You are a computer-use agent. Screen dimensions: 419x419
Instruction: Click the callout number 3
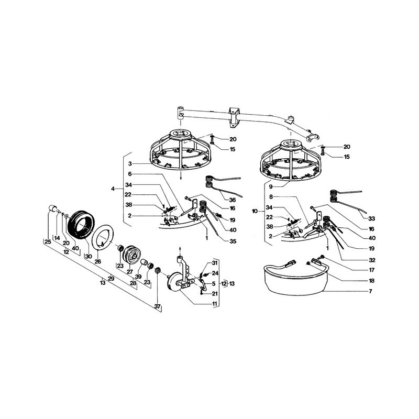[x=130, y=163]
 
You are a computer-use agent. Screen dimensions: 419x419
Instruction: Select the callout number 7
[x=370, y=291]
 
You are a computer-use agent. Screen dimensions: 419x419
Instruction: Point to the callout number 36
[x=233, y=200]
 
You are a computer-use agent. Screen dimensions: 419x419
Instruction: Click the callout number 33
[x=371, y=218]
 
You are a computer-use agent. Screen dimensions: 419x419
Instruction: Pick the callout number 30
[x=89, y=257]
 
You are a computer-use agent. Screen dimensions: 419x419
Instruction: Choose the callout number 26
[x=98, y=261]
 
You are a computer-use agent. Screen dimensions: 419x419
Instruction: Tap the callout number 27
[x=130, y=272]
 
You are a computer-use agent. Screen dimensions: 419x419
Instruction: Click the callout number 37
[x=158, y=306]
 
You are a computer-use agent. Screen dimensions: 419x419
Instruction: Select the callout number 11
[x=215, y=304]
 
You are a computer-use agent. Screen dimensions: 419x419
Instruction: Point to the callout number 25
[x=48, y=242]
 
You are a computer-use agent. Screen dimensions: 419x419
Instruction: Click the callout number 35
[x=233, y=241]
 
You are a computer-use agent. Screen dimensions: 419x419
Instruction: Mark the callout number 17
[x=371, y=270]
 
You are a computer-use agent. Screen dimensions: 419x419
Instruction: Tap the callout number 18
[x=371, y=281]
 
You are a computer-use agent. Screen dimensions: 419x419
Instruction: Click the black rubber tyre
[x=81, y=225]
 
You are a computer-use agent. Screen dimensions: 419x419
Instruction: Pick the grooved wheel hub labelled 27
[x=132, y=254]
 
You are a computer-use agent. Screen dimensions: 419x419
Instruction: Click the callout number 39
[x=138, y=277]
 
